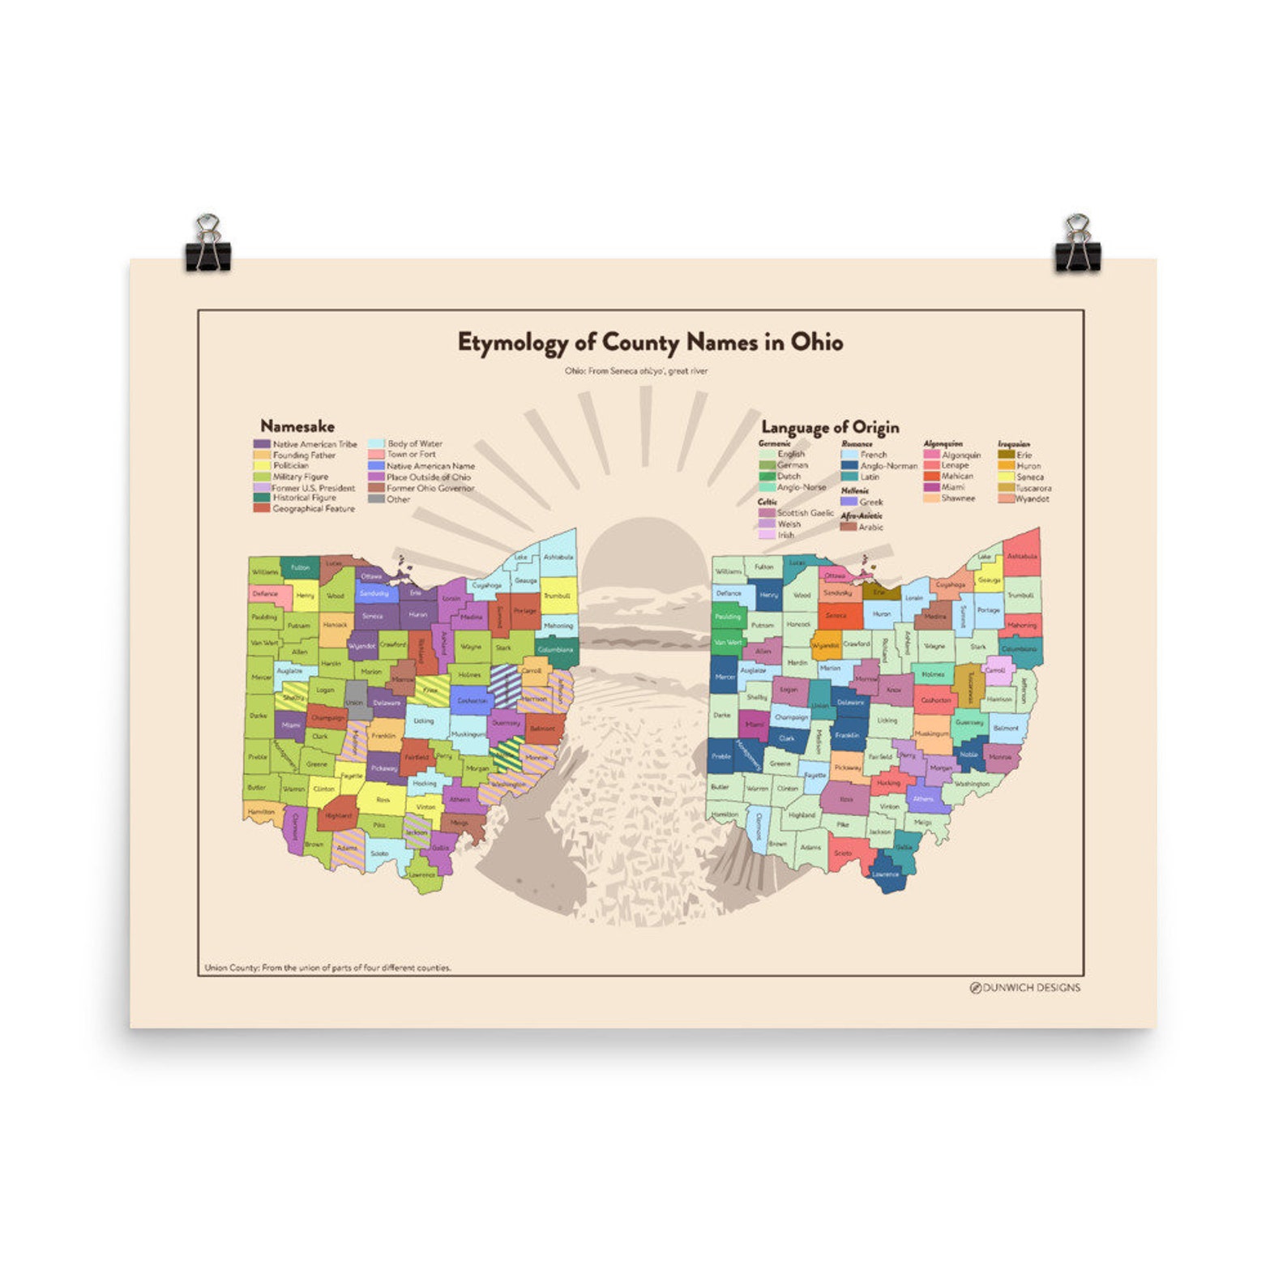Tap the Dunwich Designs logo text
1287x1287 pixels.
pos(1030,987)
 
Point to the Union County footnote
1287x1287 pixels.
pos(327,968)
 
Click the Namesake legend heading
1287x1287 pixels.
pos(297,426)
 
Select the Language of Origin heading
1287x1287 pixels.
pos(830,427)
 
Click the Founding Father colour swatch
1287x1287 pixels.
pos(262,455)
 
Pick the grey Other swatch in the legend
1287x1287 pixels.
pos(376,499)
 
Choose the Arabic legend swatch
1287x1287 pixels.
pos(849,527)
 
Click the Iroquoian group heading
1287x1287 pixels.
pos(1014,444)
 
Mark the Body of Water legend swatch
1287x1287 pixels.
pos(376,444)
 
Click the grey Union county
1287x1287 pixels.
pos(354,702)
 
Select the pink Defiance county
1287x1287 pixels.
pos(264,593)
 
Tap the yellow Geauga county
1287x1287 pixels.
pos(989,579)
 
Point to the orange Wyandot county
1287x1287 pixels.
pos(825,646)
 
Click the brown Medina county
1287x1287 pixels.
pos(934,616)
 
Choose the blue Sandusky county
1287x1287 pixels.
pos(374,593)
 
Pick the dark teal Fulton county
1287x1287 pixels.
pos(300,567)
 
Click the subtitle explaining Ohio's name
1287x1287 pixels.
pos(636,371)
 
